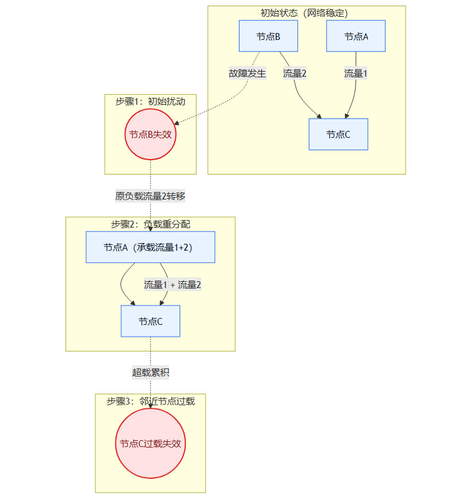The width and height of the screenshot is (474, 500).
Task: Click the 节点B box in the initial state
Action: [268, 36]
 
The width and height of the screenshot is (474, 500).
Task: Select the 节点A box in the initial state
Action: [356, 36]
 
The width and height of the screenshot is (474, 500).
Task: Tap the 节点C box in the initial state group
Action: [338, 134]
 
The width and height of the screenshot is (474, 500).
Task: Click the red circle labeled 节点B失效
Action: [150, 134]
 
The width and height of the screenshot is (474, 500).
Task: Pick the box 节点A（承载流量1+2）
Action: [150, 247]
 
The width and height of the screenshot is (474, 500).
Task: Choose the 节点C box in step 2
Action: [150, 321]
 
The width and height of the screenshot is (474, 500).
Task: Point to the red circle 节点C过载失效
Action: [150, 443]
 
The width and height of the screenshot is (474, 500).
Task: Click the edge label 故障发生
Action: [248, 73]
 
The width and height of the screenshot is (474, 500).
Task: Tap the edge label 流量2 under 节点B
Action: [294, 73]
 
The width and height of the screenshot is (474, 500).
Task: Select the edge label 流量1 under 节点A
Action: [356, 73]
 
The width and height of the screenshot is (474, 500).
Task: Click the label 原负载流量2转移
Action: [150, 196]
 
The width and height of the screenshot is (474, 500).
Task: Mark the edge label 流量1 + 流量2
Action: [173, 285]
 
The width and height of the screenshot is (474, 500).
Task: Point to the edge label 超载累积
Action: [150, 373]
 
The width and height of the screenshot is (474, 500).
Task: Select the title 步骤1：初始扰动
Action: [150, 100]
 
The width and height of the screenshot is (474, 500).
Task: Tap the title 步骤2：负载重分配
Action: [150, 224]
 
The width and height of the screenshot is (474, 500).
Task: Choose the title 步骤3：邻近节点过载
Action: [150, 401]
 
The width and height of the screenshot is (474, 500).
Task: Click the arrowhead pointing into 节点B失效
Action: [178, 124]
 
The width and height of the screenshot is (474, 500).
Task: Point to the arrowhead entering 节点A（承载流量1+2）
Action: [150, 229]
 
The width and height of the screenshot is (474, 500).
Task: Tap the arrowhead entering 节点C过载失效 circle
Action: [150, 406]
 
